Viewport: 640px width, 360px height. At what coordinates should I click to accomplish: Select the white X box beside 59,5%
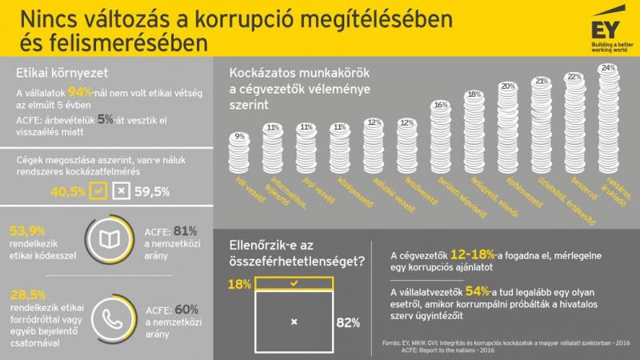coord(121,192)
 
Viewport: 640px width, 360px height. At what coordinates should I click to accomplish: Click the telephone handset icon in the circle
coord(106,314)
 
